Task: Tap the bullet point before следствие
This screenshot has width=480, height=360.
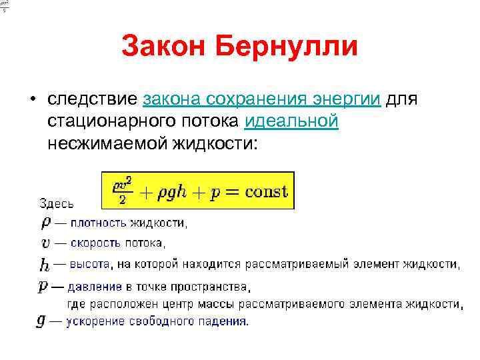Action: [31, 100]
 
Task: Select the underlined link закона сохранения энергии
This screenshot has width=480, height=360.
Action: [262, 99]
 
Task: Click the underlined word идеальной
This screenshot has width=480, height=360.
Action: [292, 122]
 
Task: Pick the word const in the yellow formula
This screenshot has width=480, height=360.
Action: [266, 192]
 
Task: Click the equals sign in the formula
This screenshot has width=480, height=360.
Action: [233, 193]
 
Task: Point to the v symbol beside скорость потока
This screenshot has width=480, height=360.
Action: [44, 243]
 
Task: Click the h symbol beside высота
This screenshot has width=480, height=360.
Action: [44, 265]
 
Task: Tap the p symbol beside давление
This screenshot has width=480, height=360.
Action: [43, 287]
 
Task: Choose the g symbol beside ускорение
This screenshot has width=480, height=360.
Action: [42, 321]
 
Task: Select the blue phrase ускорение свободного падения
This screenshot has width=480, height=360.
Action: [157, 321]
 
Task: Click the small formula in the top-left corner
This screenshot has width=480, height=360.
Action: [5, 6]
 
